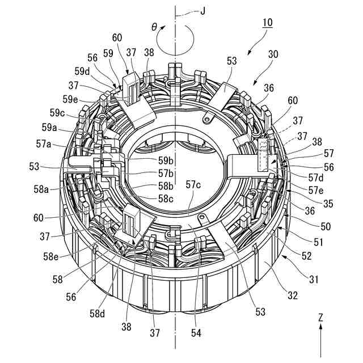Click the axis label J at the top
[203, 11]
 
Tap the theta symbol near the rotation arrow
[154, 27]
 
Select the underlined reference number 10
[267, 23]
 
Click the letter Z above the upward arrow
[320, 318]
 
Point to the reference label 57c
[193, 185]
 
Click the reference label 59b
[166, 161]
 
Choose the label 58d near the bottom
[97, 314]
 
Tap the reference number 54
[196, 333]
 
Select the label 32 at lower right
[293, 296]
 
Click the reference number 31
[314, 280]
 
